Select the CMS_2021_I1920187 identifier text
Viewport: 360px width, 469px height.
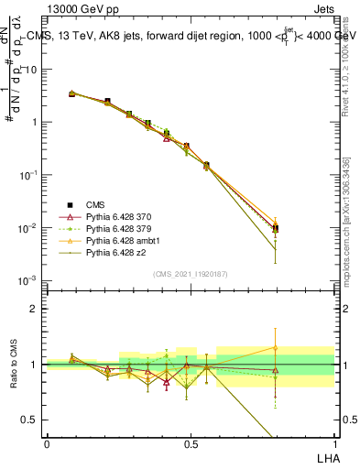(x=190, y=274)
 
